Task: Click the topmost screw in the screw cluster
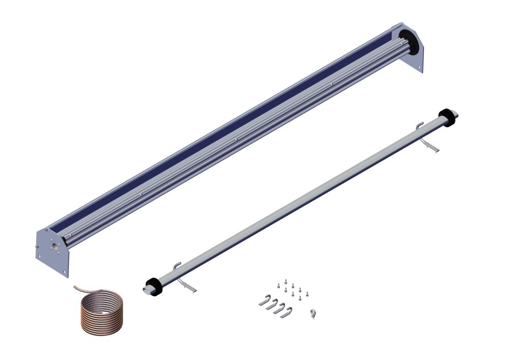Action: point(288,280)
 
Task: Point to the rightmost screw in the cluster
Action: point(307,293)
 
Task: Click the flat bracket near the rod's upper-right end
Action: point(430,147)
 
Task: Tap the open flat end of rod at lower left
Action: point(146,289)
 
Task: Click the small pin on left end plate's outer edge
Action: point(37,248)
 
